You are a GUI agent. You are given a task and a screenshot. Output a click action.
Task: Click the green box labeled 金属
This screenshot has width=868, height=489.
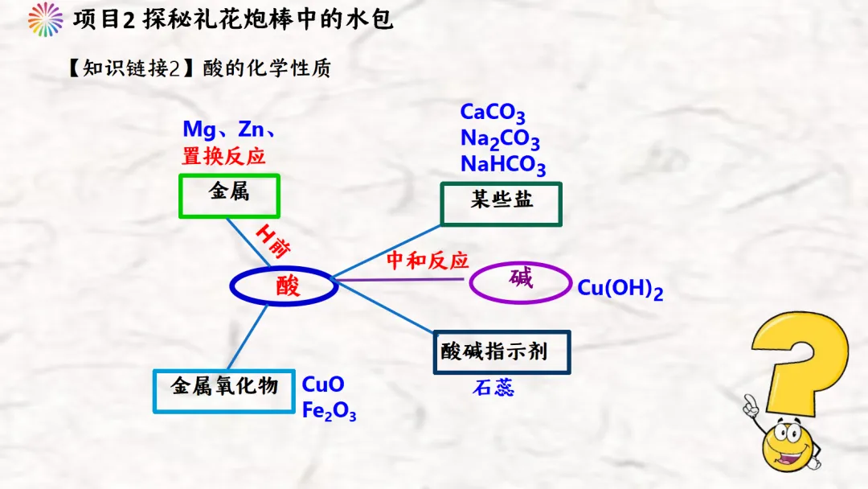coord(229,176)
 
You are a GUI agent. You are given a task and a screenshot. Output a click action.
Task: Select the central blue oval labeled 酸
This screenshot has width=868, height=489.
coord(284,269)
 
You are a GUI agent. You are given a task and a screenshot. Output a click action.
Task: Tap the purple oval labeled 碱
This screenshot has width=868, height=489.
coord(520,265)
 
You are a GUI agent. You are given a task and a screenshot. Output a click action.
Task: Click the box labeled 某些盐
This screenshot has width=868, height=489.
coord(501,184)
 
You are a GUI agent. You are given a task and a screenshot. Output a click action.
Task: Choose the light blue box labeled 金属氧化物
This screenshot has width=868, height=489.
coord(223,372)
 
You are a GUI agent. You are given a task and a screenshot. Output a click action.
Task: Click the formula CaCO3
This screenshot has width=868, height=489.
coord(492,113)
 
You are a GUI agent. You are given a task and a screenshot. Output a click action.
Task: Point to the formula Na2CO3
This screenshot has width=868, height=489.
coord(500,139)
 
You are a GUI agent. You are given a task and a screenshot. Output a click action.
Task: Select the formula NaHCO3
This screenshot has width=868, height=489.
coord(503,165)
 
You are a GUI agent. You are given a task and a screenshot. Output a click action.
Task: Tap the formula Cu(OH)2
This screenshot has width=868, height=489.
coord(620,289)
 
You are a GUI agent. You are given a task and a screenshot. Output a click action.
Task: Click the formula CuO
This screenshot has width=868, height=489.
coord(323,384)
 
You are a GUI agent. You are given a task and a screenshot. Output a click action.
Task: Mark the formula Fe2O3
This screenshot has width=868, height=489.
coord(329,411)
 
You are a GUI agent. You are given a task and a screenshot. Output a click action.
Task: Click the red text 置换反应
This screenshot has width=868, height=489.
coord(223,156)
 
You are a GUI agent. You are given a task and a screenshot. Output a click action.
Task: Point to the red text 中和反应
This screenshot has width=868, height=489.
coord(428,260)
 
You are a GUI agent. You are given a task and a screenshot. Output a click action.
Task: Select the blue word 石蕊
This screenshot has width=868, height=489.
coord(493,388)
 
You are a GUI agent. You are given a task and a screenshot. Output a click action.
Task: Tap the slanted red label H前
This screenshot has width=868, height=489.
coord(273,242)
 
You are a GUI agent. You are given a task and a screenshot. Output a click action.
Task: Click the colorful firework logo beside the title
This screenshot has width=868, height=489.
coord(45,19)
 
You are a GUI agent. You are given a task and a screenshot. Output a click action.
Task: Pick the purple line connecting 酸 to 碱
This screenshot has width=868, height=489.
coord(399,280)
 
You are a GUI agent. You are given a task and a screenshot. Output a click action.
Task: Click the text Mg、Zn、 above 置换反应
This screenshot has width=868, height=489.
coord(229,129)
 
